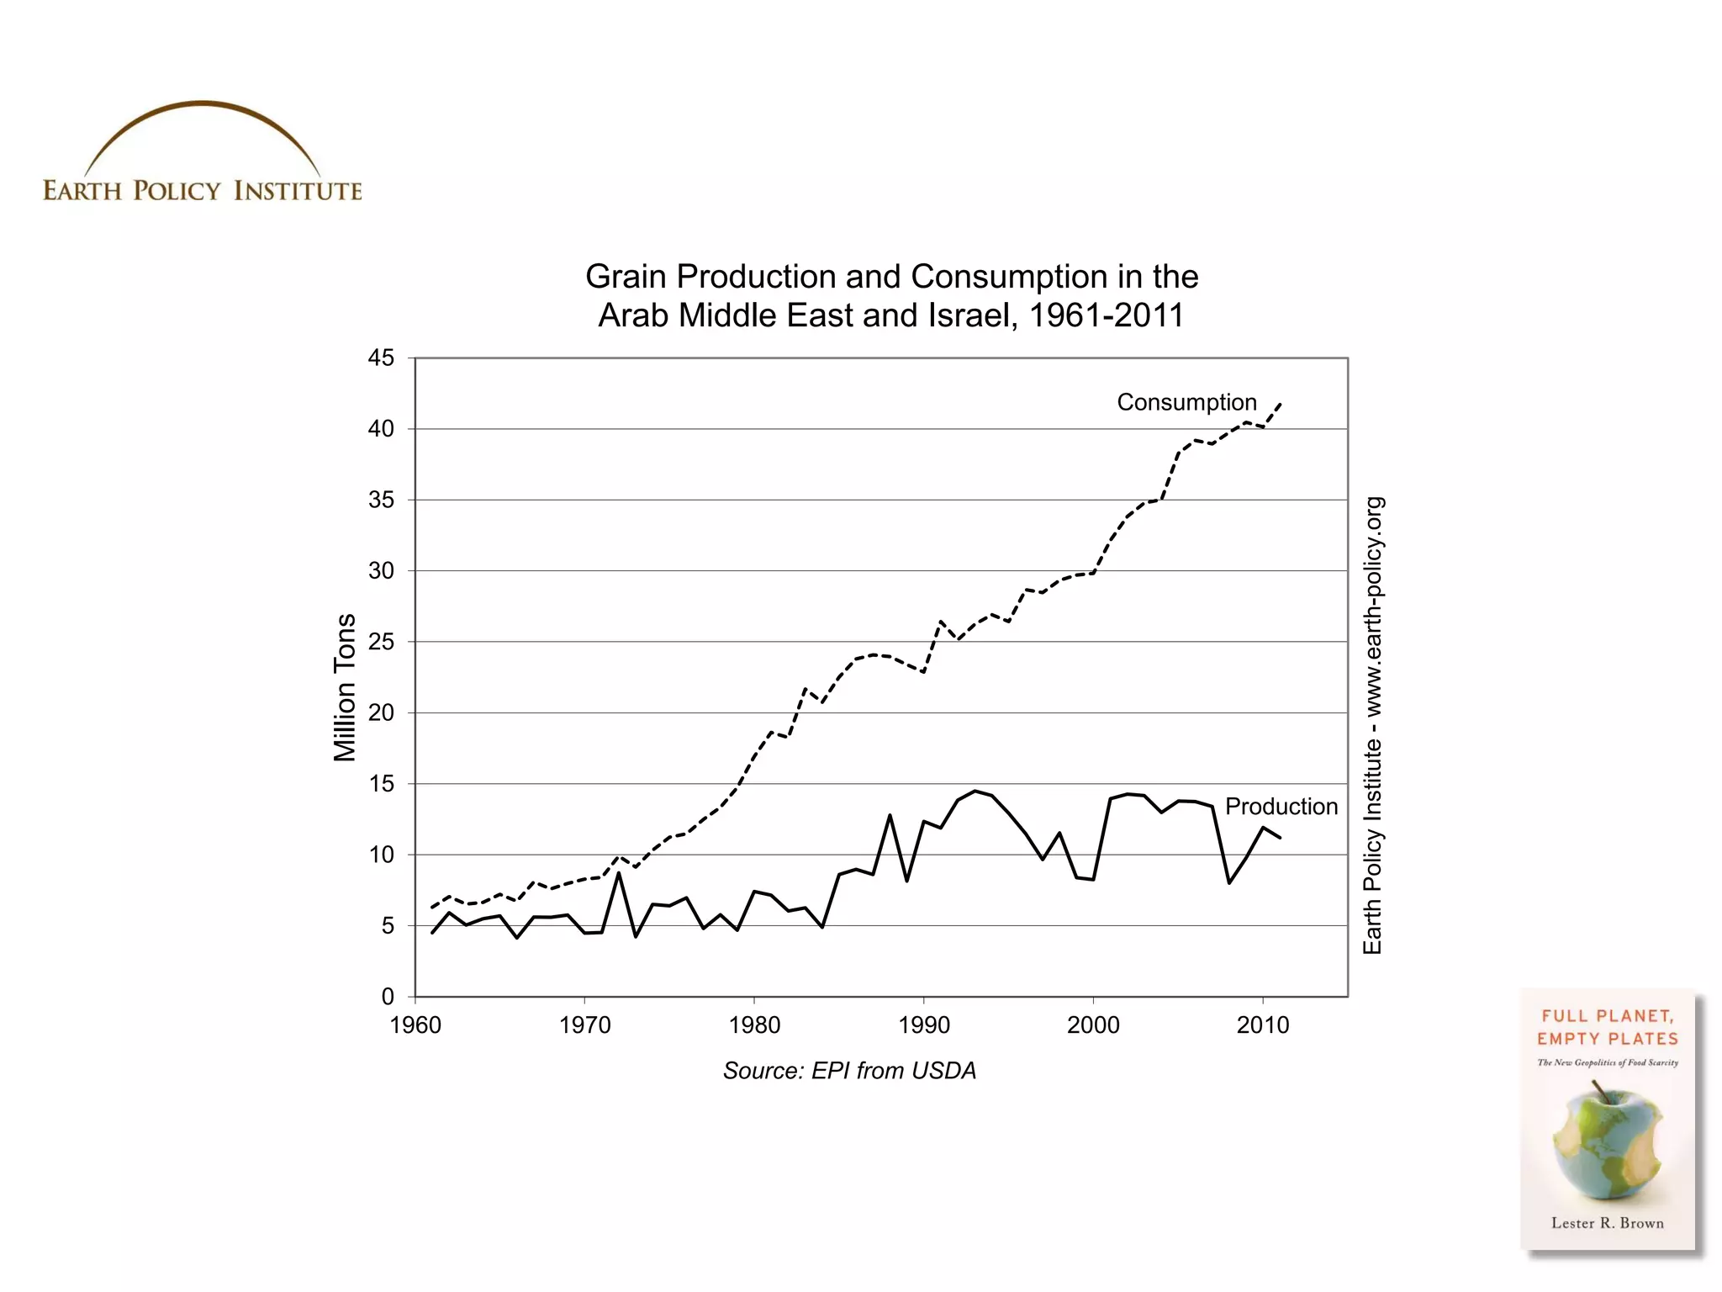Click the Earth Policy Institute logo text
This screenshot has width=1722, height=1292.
(202, 191)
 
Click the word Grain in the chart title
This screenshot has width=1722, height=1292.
(625, 277)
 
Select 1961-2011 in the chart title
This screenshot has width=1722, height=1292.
(1106, 315)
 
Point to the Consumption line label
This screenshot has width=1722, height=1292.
(1186, 402)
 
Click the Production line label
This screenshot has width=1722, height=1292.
(1281, 807)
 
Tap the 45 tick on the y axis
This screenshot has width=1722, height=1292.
(381, 358)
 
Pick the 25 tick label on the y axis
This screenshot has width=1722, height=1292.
(381, 642)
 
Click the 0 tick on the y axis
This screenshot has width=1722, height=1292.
(388, 997)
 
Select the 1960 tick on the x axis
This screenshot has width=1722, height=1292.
(415, 1025)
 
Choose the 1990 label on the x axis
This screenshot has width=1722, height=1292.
(923, 1025)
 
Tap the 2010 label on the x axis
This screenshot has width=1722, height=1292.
(1262, 1025)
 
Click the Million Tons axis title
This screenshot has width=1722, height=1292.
(345, 687)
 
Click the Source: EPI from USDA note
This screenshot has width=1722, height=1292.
(849, 1071)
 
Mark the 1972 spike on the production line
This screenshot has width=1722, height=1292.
(619, 873)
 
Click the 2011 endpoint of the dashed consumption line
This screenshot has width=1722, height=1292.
(1280, 404)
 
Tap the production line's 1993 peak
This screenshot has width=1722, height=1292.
(975, 791)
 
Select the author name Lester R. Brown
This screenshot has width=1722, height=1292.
(1607, 1223)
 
